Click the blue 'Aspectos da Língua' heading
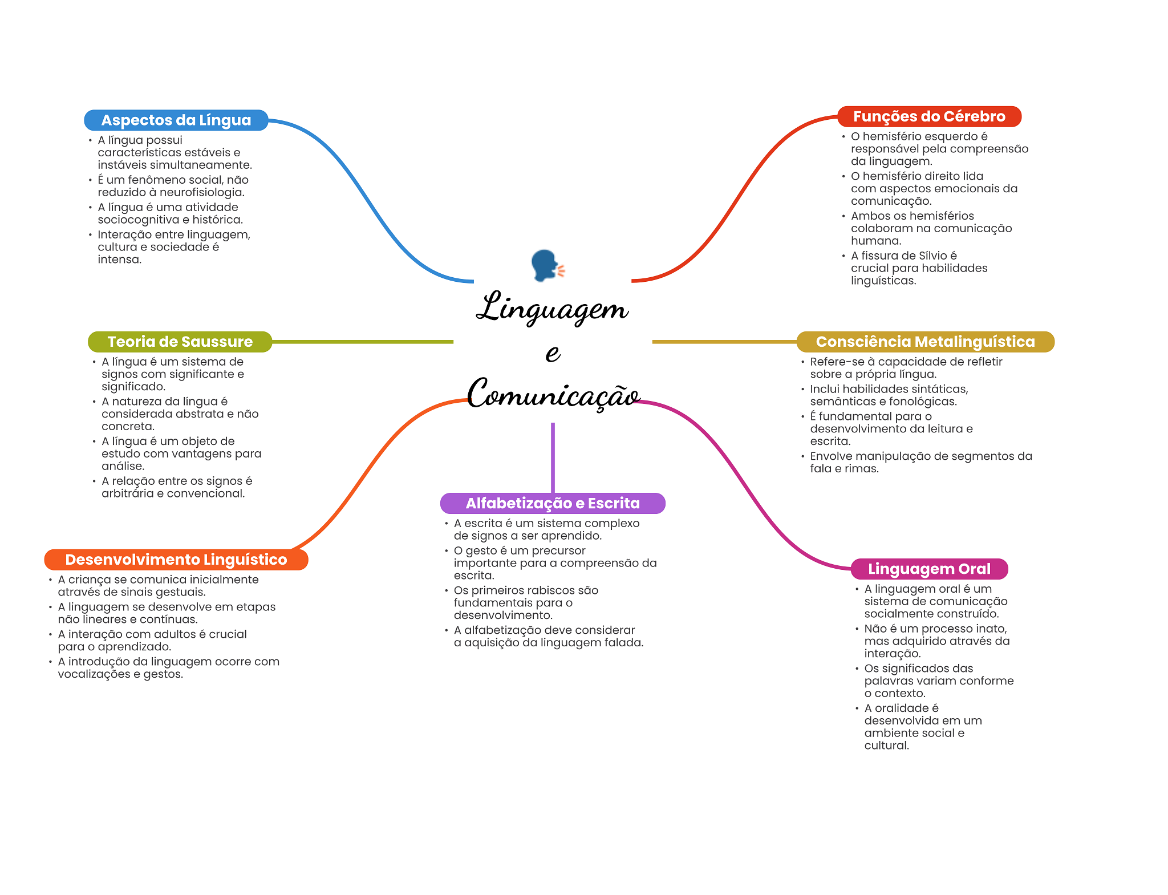click(176, 120)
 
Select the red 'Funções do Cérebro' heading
click(929, 116)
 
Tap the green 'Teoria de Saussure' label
click(180, 342)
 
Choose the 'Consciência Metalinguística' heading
click(925, 342)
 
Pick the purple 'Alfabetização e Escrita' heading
click(553, 503)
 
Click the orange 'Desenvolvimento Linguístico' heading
click(176, 560)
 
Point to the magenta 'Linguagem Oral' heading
click(929, 569)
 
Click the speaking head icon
click(547, 265)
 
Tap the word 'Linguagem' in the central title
click(552, 308)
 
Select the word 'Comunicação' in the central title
click(553, 394)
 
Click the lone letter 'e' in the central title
click(553, 353)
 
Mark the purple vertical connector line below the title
click(553, 457)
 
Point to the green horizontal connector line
click(363, 342)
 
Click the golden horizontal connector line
click(724, 342)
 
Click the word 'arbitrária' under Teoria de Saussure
click(128, 493)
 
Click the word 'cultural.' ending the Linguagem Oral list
click(887, 746)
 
